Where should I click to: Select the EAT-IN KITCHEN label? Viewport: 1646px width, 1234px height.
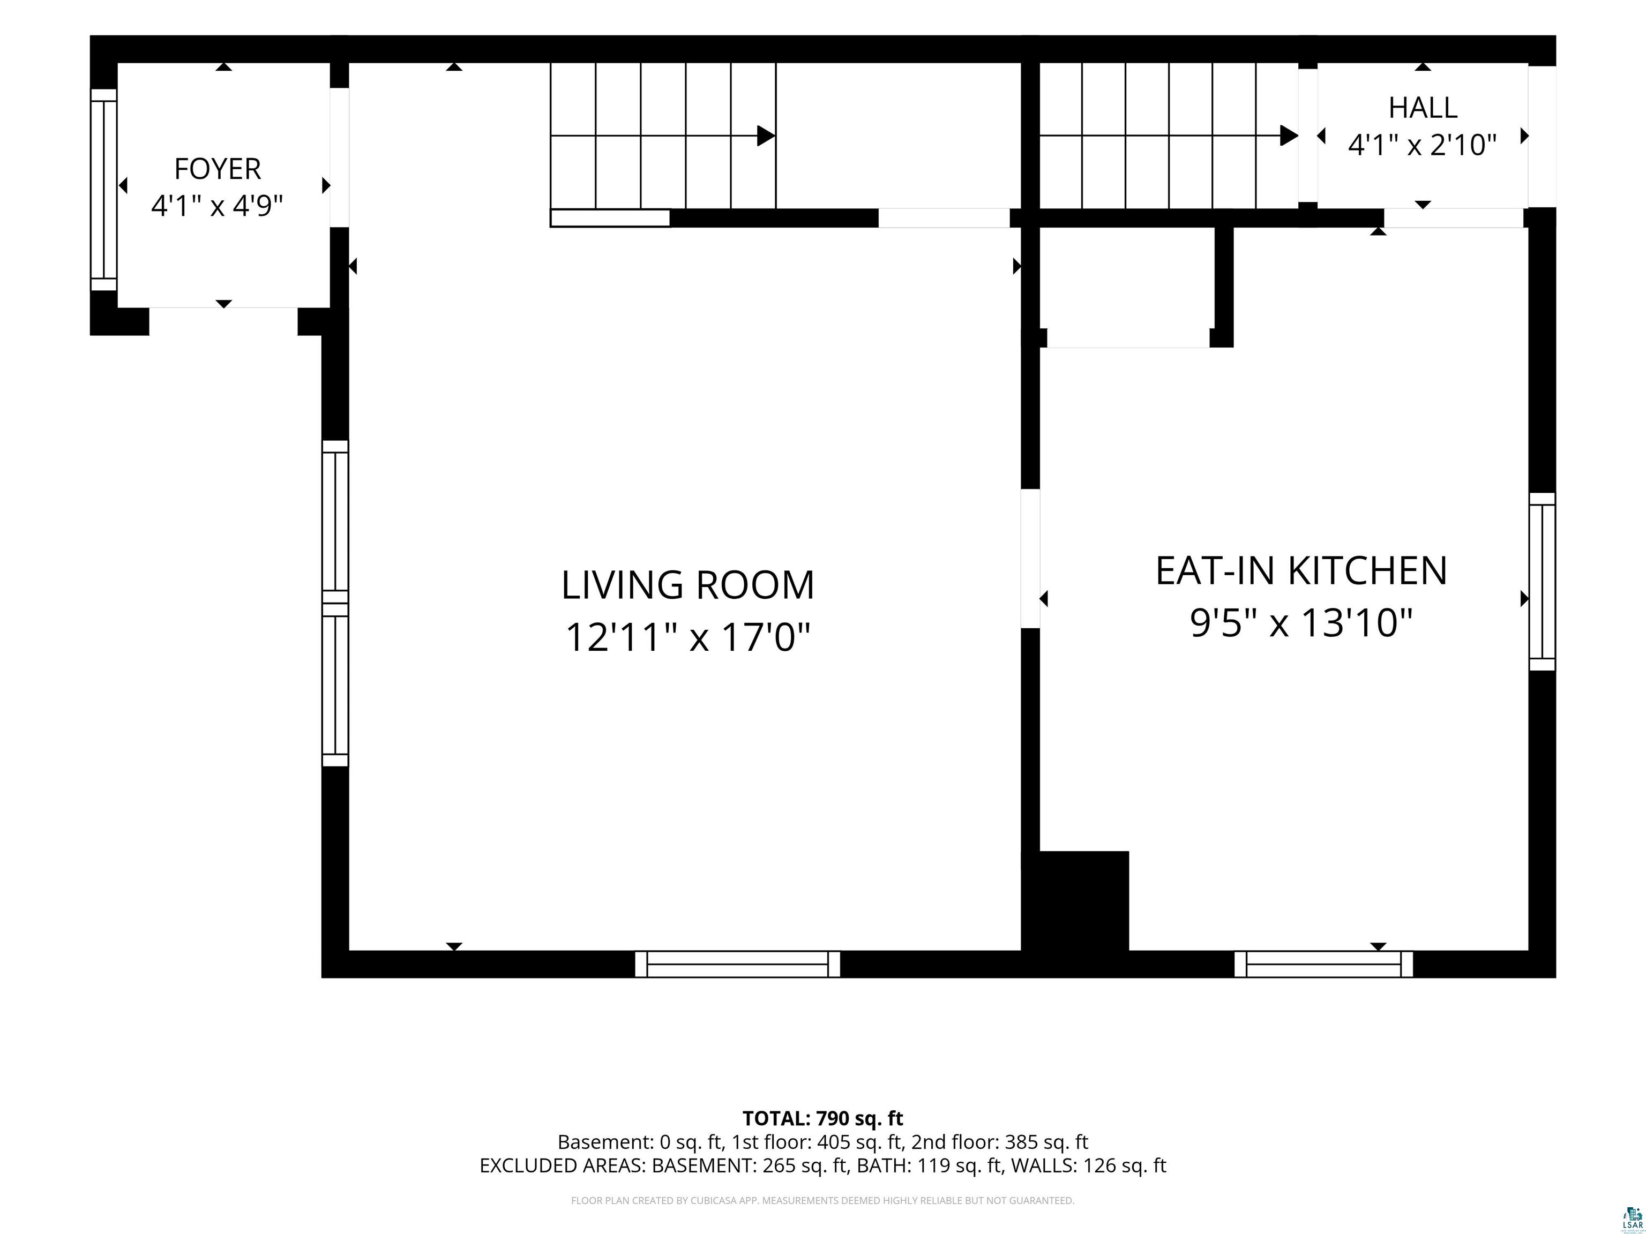[x=1301, y=571]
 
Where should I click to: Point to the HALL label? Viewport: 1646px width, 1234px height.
[x=1423, y=108]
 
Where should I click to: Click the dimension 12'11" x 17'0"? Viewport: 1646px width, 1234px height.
[x=687, y=637]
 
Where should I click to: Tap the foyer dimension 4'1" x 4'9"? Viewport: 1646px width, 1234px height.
[x=218, y=205]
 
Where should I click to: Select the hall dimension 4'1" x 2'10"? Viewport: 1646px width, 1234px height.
[x=1423, y=144]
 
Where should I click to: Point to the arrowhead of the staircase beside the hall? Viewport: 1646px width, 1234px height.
[x=1289, y=136]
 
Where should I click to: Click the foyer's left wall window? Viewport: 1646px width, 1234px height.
[x=104, y=190]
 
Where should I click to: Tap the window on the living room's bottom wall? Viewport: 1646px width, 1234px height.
[x=737, y=964]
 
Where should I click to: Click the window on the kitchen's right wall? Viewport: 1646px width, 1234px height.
[x=1543, y=582]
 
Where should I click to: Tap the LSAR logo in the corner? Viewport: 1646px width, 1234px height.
[x=1633, y=1217]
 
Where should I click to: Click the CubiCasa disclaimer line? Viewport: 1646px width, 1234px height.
[x=823, y=1201]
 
